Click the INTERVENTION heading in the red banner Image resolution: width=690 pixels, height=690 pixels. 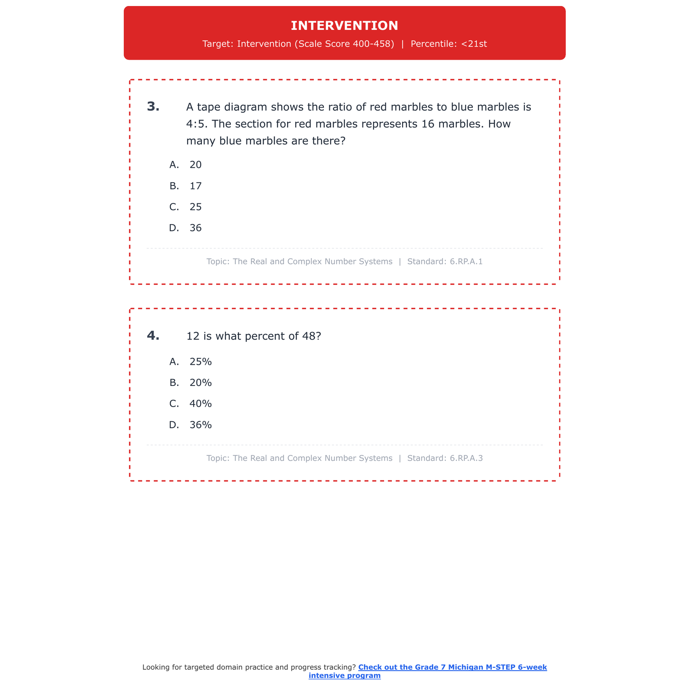click(x=345, y=26)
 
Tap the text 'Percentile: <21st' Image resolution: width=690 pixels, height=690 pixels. click(x=448, y=44)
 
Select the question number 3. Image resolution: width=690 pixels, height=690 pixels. click(x=153, y=107)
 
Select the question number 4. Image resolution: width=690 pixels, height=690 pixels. click(x=153, y=336)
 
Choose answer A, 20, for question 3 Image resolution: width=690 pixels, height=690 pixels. click(x=195, y=165)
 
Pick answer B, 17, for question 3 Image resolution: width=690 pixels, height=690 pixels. click(x=195, y=186)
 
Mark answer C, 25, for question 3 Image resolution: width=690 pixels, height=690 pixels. click(x=195, y=207)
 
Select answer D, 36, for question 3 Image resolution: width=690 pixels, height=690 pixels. click(x=195, y=228)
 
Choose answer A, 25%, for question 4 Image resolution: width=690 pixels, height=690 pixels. click(x=201, y=362)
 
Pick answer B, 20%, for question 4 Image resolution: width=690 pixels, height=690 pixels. click(x=201, y=383)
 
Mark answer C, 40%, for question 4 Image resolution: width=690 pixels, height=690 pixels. click(x=201, y=404)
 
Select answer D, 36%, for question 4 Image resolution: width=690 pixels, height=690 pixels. click(x=201, y=425)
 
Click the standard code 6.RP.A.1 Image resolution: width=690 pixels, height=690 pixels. click(x=466, y=262)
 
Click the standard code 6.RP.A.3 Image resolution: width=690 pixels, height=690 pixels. click(x=466, y=458)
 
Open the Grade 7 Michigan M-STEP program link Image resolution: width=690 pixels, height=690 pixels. click(x=452, y=667)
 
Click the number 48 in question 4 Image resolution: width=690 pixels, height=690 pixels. click(x=309, y=336)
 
